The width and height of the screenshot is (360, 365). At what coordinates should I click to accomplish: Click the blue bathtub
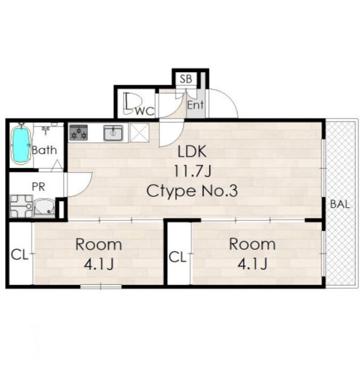coord(21,145)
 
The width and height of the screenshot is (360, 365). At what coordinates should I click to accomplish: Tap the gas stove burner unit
coord(78,133)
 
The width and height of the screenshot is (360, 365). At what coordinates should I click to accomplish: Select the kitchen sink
coord(113,133)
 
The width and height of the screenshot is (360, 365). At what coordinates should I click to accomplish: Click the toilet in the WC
coord(133,104)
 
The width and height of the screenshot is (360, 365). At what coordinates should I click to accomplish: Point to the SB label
coord(186,79)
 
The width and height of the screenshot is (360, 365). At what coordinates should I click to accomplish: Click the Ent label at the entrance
coord(195,105)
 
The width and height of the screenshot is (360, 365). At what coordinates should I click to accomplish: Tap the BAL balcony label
coord(340,204)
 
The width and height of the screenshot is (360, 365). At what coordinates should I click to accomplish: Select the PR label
coord(38,187)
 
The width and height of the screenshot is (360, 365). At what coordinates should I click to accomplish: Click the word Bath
coord(44,150)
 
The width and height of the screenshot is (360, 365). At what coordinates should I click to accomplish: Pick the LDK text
coord(192,151)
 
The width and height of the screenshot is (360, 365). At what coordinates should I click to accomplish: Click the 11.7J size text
coord(192,172)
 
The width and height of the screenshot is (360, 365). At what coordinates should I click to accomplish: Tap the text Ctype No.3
coord(192,191)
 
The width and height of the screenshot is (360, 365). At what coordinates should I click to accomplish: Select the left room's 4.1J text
coord(98,265)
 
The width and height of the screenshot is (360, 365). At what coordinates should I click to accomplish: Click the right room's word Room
coord(252,245)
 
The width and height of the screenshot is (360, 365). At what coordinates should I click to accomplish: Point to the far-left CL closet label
coord(20,255)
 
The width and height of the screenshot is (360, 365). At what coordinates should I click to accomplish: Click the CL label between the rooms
coord(178,257)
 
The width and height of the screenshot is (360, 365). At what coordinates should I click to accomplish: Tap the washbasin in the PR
coord(44,208)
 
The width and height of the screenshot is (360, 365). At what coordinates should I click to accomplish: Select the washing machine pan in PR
coord(21,206)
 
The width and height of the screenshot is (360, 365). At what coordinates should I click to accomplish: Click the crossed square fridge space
coord(139,133)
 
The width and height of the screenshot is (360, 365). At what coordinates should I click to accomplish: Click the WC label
coord(145,111)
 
